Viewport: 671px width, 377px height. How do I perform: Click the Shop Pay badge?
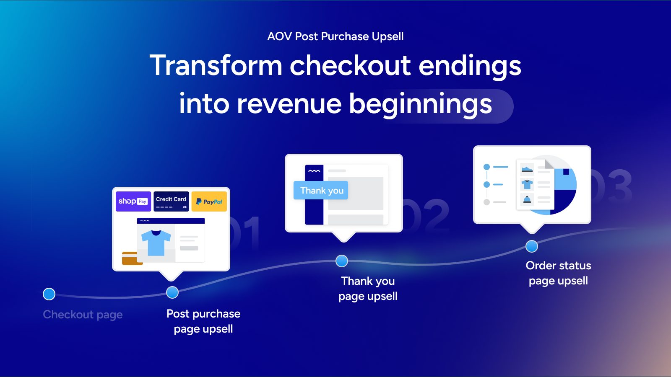pos(133,201)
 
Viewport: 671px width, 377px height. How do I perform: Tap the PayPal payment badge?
pos(209,201)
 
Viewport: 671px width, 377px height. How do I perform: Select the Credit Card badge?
pos(172,201)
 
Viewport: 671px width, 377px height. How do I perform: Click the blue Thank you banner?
pos(321,190)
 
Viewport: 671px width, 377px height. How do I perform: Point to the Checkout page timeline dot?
pos(49,294)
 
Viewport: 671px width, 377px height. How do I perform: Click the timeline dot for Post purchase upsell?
pos(172,292)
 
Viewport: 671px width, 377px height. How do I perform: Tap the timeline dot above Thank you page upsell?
pos(342,261)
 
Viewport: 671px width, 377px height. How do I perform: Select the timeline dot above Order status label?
pos(532,246)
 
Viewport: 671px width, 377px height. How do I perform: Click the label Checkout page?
pos(83,315)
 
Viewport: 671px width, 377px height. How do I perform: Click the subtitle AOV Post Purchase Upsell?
pos(335,36)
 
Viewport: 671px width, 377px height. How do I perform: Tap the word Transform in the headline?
pos(216,65)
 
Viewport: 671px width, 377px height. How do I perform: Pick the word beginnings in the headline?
pos(421,104)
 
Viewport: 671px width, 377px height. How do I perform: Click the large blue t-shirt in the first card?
pos(156,243)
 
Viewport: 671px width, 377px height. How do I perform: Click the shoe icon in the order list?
pos(527,170)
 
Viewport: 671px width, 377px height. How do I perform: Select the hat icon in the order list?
pos(527,199)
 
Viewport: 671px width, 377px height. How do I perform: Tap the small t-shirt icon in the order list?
pos(527,184)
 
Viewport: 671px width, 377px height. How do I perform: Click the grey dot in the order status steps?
pos(487,202)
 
